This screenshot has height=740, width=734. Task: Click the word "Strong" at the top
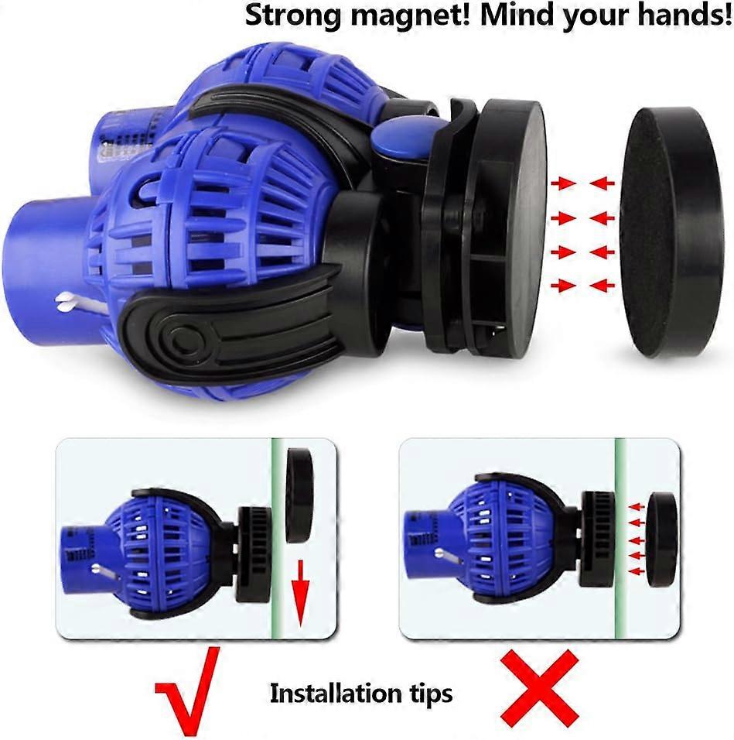tap(293, 16)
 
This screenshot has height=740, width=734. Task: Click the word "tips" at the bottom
tap(430, 694)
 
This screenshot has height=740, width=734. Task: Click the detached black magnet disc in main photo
tap(671, 232)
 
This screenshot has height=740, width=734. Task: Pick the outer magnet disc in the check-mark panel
tap(299, 495)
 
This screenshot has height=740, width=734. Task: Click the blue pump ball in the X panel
tap(505, 539)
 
